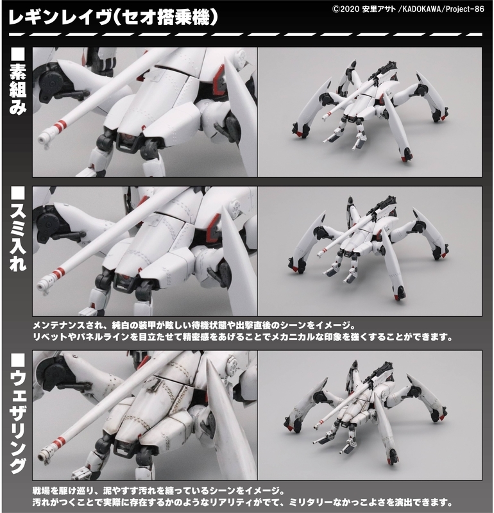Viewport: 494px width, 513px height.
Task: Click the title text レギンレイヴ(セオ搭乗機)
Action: point(113,18)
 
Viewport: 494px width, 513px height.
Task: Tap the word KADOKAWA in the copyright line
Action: point(420,9)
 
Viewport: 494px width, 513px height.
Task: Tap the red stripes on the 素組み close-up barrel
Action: point(60,126)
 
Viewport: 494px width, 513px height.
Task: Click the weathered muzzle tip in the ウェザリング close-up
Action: point(43,455)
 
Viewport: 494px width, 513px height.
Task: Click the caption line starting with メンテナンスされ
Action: point(194,326)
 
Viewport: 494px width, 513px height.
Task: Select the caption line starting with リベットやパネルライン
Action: point(243,337)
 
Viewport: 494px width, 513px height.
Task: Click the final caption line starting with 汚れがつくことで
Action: point(243,502)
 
